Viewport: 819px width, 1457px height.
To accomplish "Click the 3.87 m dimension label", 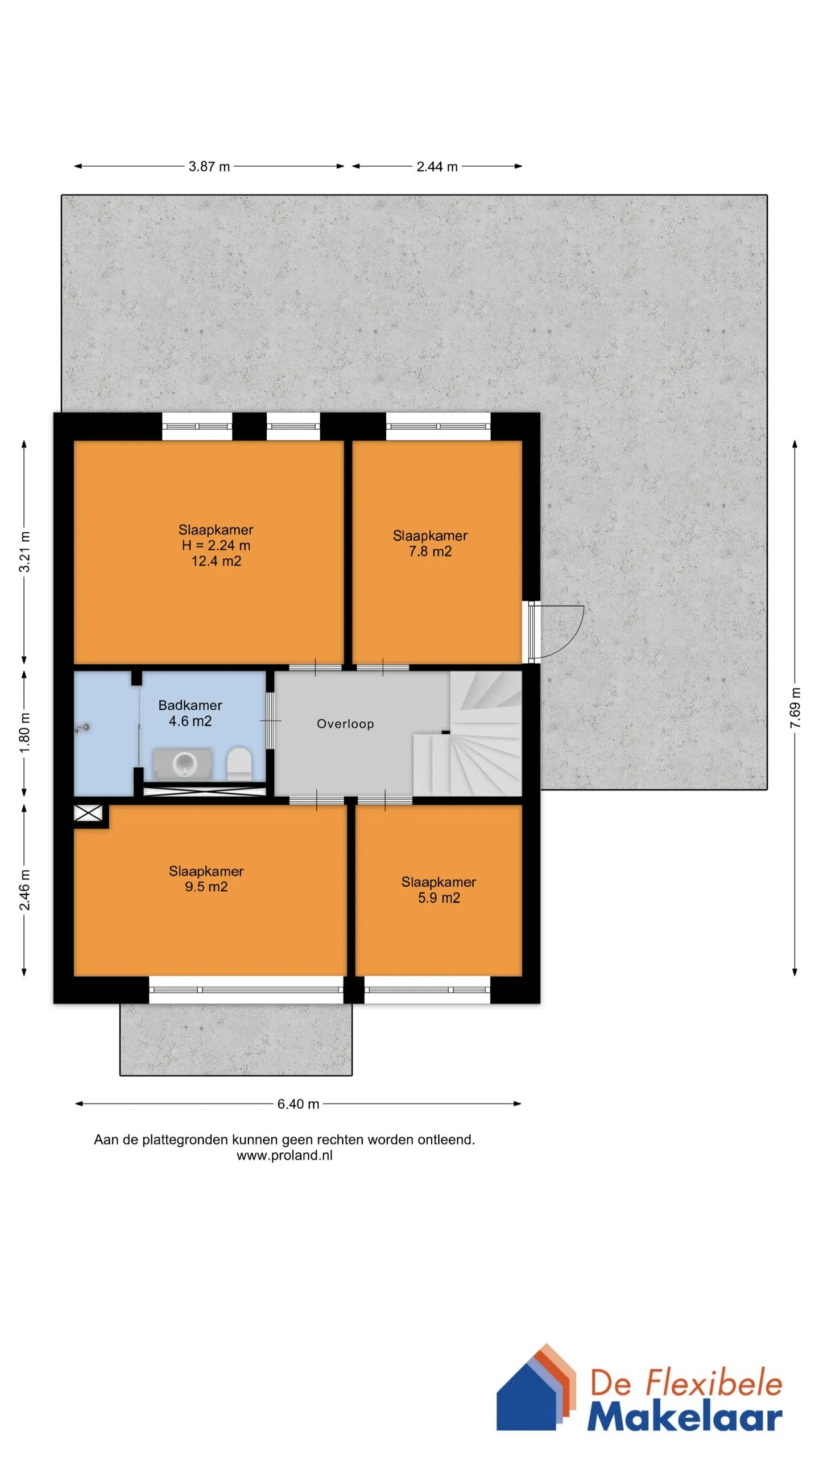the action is [x=209, y=167].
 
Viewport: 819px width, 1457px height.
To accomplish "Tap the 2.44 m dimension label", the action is [x=437, y=167].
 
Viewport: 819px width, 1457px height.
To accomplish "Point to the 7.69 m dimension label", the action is [x=795, y=707].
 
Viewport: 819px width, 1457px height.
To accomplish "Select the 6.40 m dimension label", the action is [x=298, y=1104].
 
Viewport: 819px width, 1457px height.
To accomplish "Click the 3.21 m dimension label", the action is [x=24, y=552].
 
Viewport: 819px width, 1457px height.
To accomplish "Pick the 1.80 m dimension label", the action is [x=24, y=732].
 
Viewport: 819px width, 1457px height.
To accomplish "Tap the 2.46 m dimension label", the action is [x=24, y=890].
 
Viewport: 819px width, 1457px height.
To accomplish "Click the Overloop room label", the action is [x=345, y=724].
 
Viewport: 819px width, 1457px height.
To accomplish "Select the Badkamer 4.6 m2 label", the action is [x=190, y=713].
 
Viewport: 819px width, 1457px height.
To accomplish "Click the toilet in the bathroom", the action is [x=239, y=763].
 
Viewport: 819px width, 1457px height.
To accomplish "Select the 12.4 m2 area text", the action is [x=216, y=561].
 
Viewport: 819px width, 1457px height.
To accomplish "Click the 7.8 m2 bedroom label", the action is [x=430, y=544].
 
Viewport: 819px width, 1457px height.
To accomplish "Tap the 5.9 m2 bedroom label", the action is [x=439, y=890].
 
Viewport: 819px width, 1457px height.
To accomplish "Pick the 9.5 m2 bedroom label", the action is [x=206, y=879].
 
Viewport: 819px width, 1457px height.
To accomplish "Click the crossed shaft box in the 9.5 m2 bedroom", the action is [x=88, y=813].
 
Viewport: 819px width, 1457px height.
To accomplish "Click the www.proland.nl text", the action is [x=284, y=1155].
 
